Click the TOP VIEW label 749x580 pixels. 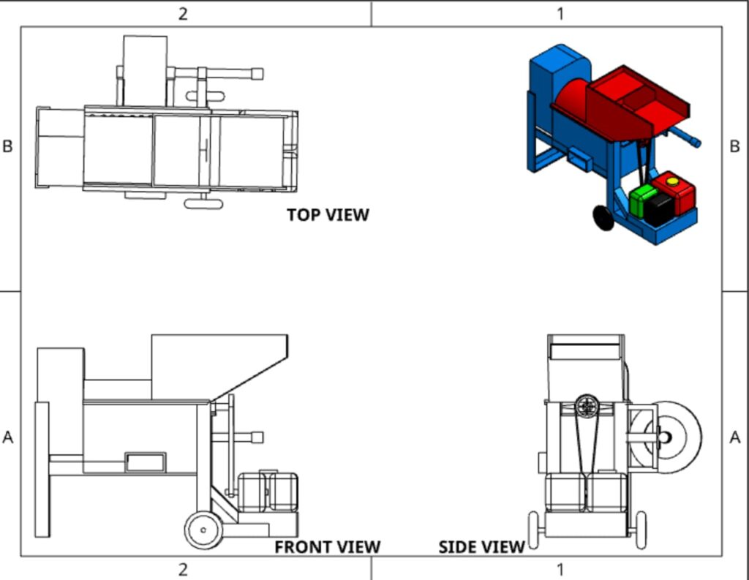(328, 215)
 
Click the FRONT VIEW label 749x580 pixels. (328, 547)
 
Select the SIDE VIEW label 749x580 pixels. (481, 547)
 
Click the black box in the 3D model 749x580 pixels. (659, 208)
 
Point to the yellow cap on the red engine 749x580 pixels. (673, 181)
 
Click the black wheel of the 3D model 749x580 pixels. (603, 218)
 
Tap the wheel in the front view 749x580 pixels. (204, 530)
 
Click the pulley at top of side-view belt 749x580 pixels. (587, 406)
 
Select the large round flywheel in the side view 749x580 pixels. (667, 437)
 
